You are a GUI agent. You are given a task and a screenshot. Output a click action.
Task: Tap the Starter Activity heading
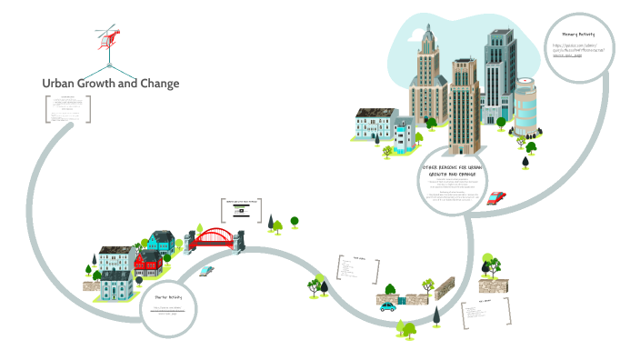tap(168, 297)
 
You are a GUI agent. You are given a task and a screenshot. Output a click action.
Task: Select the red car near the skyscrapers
tap(495, 197)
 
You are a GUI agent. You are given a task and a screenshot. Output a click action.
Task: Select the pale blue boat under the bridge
tap(206, 270)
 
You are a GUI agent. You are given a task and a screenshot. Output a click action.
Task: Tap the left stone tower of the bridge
tap(190, 243)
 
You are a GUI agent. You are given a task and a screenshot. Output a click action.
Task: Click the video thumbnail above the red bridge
tap(241, 210)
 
